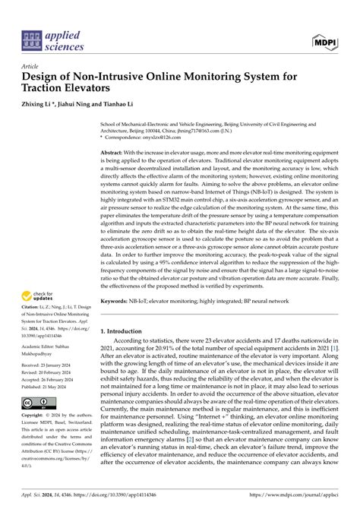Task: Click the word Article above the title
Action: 33,65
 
